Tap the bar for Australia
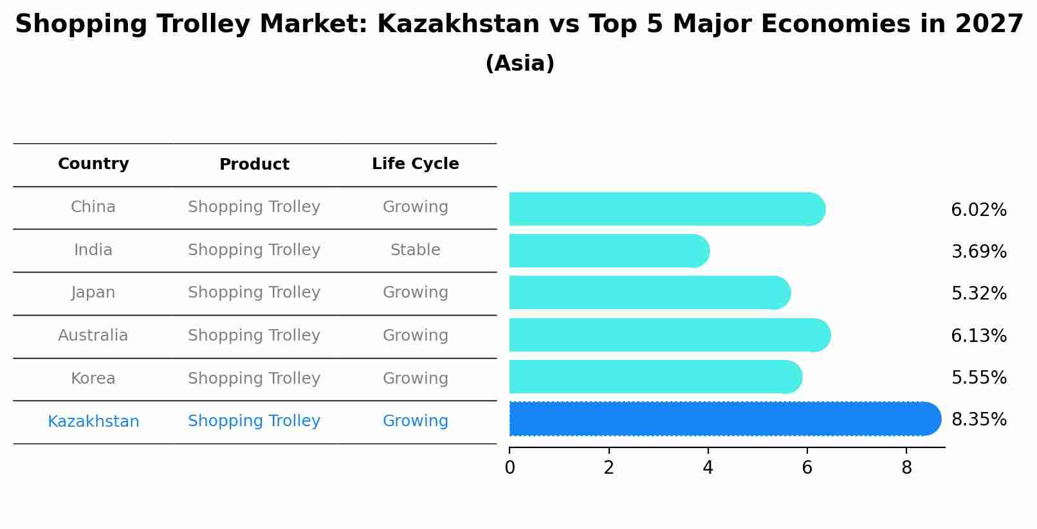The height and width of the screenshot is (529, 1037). [669, 335]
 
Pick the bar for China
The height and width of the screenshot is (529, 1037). [666, 209]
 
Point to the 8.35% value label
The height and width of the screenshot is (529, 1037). [978, 420]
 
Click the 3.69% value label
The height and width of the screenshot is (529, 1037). [978, 251]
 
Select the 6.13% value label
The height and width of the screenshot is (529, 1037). [978, 336]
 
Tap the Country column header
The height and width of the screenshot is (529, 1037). [93, 164]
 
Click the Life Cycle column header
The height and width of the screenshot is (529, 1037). [415, 164]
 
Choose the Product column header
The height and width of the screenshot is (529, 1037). [254, 165]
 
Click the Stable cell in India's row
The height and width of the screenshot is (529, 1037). [415, 250]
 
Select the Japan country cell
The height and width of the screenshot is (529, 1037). [93, 292]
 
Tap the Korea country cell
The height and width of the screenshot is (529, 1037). [93, 379]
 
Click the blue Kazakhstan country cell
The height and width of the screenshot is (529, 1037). [93, 422]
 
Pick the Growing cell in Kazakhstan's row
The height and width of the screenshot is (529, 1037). [415, 421]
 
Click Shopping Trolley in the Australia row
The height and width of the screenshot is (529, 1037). [254, 336]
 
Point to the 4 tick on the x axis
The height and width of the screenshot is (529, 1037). [708, 468]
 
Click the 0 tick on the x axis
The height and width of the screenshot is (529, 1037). [509, 468]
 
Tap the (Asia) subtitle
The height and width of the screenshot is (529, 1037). [519, 64]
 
